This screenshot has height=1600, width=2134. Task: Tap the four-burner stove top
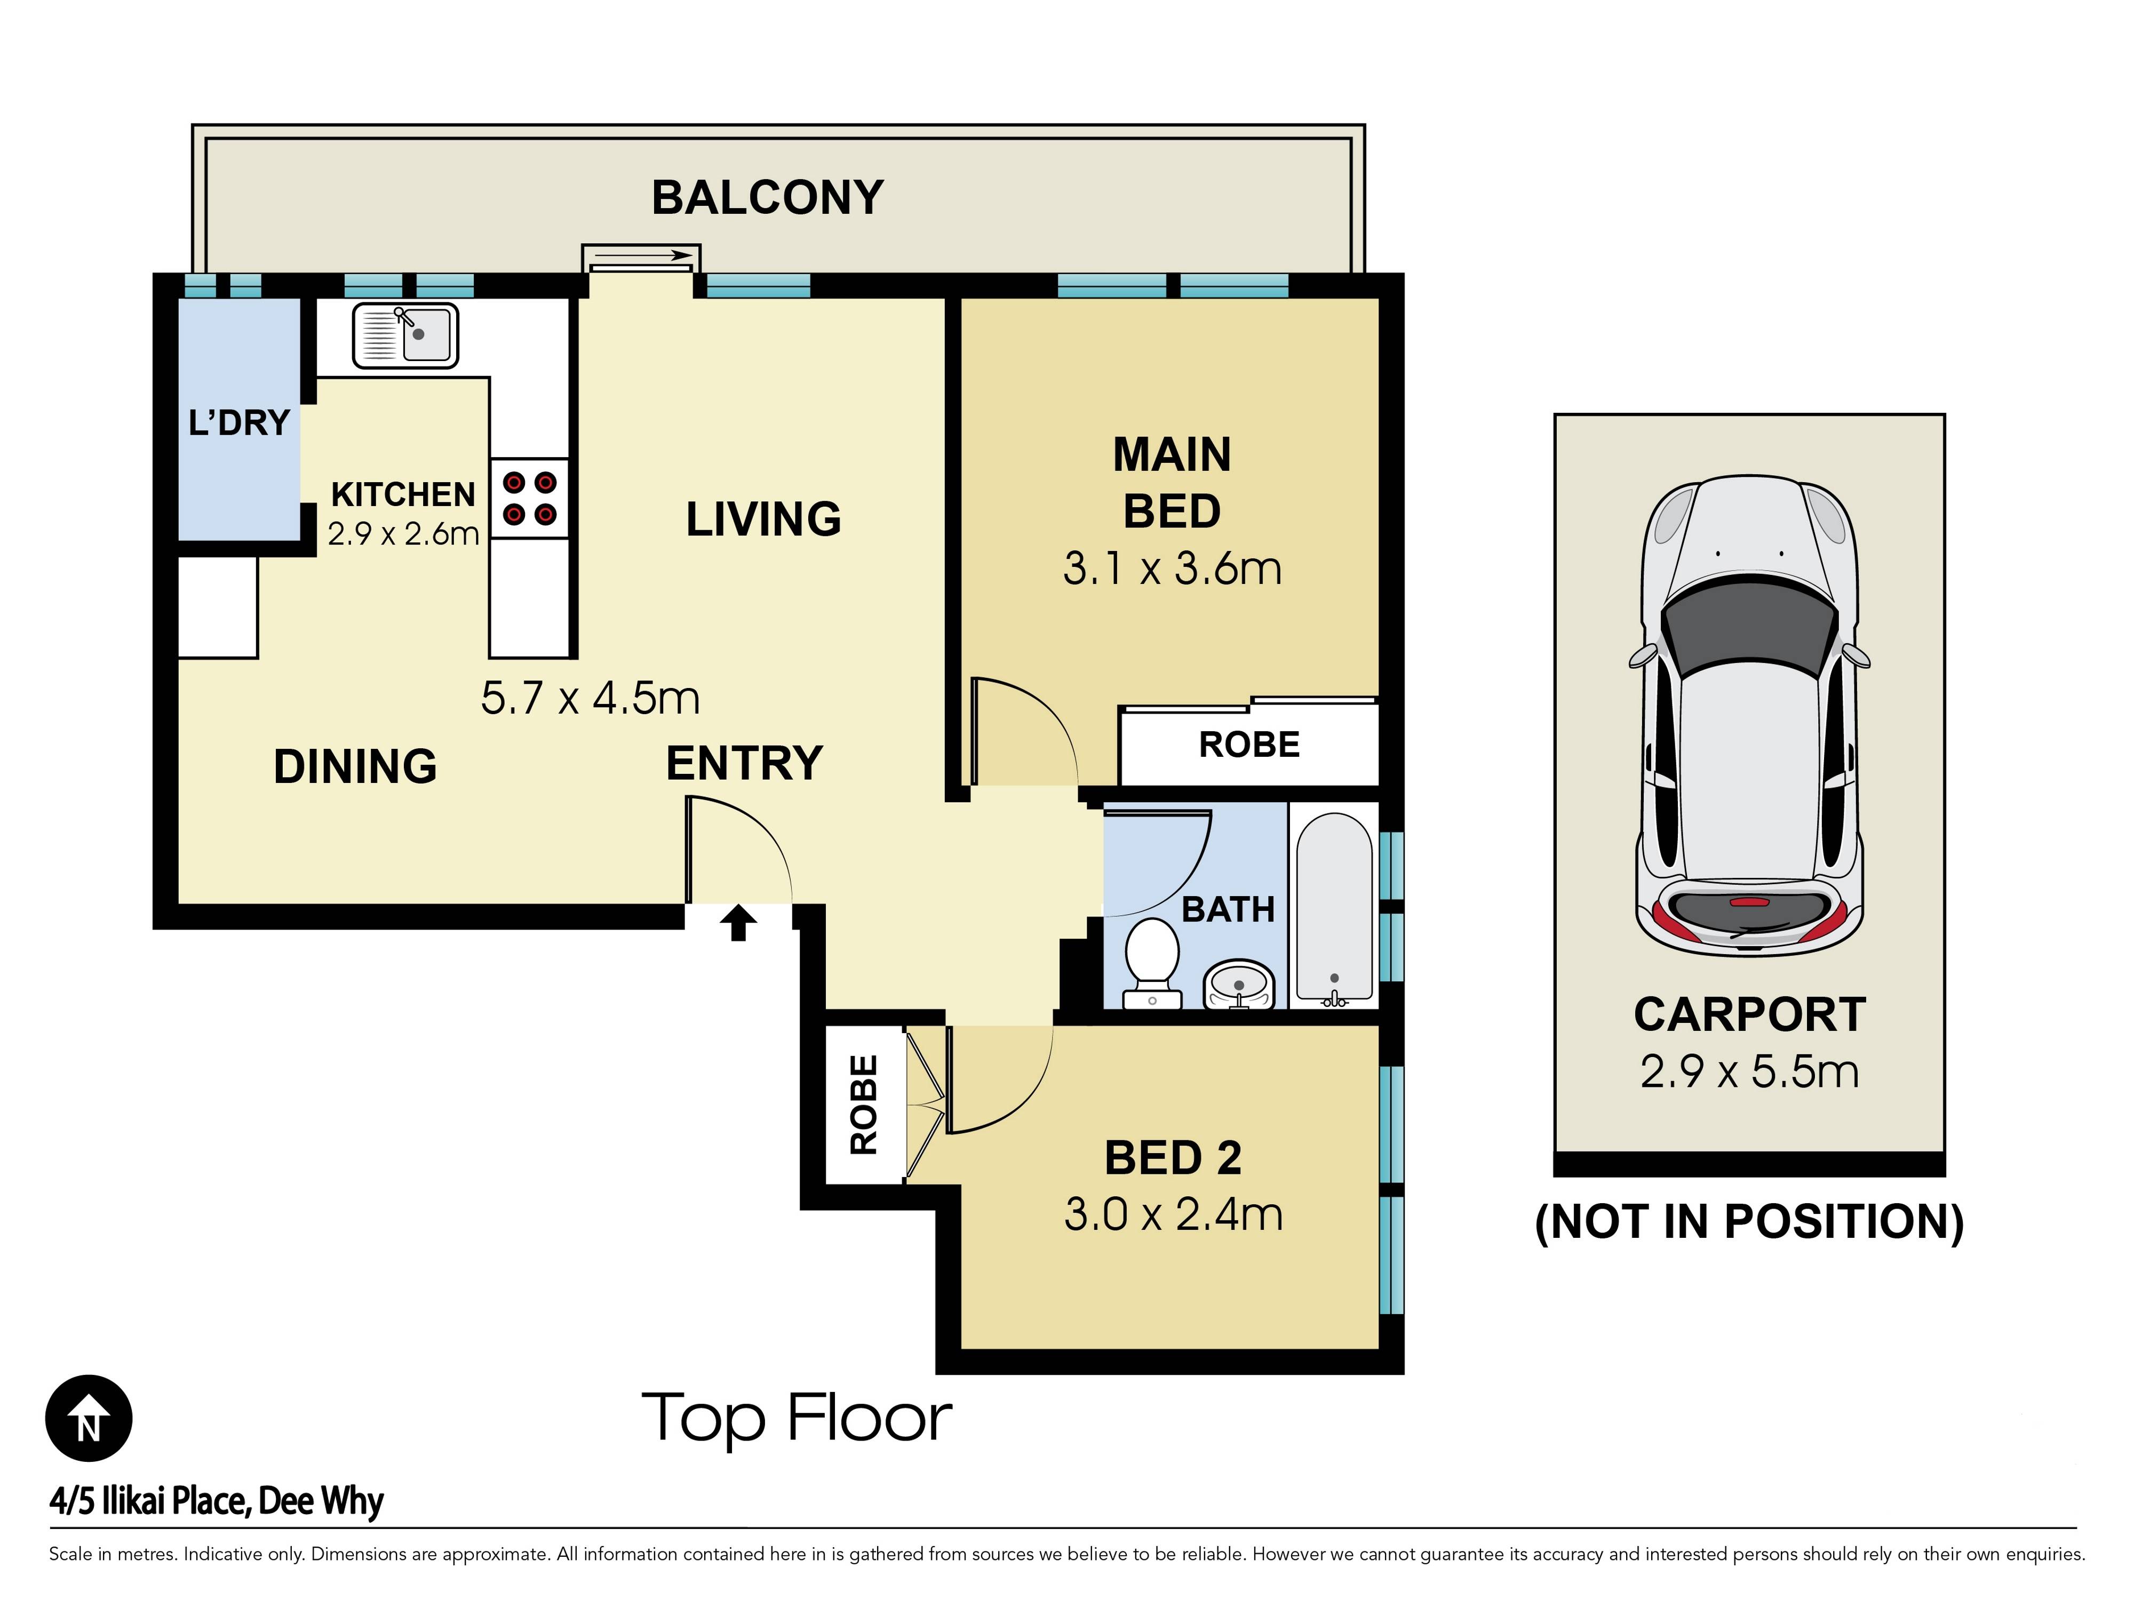530,498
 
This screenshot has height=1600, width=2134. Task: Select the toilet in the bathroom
1152,963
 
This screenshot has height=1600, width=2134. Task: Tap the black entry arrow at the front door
739,922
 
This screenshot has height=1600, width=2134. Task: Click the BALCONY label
768,198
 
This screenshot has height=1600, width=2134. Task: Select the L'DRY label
239,422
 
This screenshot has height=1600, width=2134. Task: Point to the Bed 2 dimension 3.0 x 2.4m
1173,1214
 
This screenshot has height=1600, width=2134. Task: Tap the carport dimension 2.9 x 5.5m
1749,1071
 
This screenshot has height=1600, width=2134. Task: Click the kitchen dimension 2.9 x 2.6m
403,533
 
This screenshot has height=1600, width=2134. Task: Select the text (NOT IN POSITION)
1749,1222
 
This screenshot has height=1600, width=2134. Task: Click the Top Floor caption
797,1418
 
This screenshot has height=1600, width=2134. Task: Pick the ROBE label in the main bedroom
1249,745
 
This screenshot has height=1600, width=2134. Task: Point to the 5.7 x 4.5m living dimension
591,698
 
